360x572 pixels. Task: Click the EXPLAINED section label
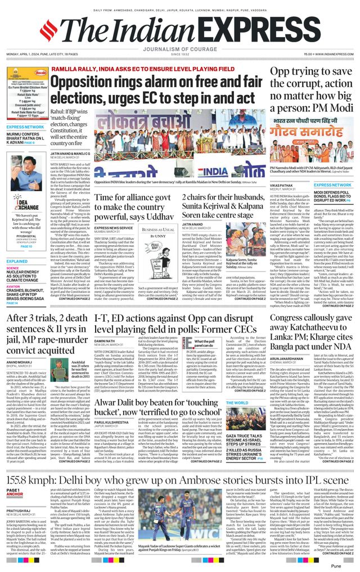click(x=17, y=262)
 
